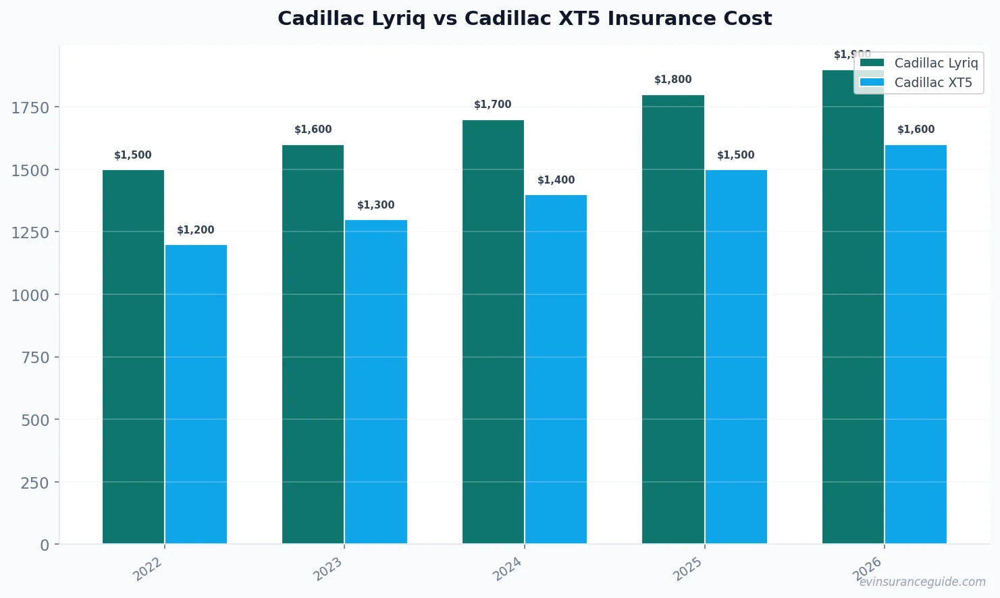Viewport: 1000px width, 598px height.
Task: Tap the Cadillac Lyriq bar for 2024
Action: (493, 331)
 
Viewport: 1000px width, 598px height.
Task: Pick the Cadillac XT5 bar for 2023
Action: (376, 381)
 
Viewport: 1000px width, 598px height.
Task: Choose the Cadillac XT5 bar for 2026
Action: (916, 344)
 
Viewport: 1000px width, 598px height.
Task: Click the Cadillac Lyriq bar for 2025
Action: (673, 319)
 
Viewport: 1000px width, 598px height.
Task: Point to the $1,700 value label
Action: (493, 105)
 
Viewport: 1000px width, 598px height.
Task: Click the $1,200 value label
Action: (196, 230)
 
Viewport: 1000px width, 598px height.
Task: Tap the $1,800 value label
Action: (673, 80)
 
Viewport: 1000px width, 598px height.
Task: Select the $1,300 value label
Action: (376, 205)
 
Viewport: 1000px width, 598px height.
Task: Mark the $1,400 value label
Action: (556, 180)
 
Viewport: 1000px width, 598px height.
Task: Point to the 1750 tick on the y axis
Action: (30, 107)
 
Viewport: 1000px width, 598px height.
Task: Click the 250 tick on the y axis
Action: (35, 483)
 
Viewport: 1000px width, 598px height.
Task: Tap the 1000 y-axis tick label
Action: (30, 295)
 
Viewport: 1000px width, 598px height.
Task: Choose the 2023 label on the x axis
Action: (328, 569)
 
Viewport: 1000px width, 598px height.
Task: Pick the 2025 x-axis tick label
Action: (689, 569)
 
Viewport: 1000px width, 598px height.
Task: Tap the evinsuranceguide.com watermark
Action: (922, 582)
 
